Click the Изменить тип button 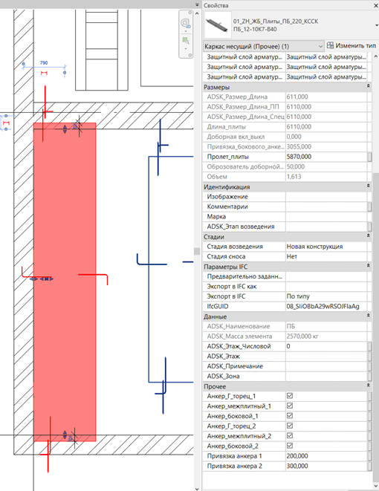click(351, 46)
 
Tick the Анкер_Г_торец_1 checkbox click(290, 396)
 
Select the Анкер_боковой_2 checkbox click(290, 446)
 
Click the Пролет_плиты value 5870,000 click(299, 157)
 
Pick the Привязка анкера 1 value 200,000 click(297, 456)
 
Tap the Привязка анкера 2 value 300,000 click(297, 466)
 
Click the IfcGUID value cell click(325, 306)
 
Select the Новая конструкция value click(314, 247)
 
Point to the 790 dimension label click(44, 63)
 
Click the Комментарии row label click(227, 207)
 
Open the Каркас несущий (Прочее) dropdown click(263, 46)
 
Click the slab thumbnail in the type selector click(218, 25)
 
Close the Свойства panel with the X click(376, 5)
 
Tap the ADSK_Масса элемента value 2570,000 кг click(302, 336)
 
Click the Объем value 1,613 click(294, 177)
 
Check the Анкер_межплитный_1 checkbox click(290, 406)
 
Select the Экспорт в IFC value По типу click(298, 296)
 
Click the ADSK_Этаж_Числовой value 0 click(288, 346)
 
